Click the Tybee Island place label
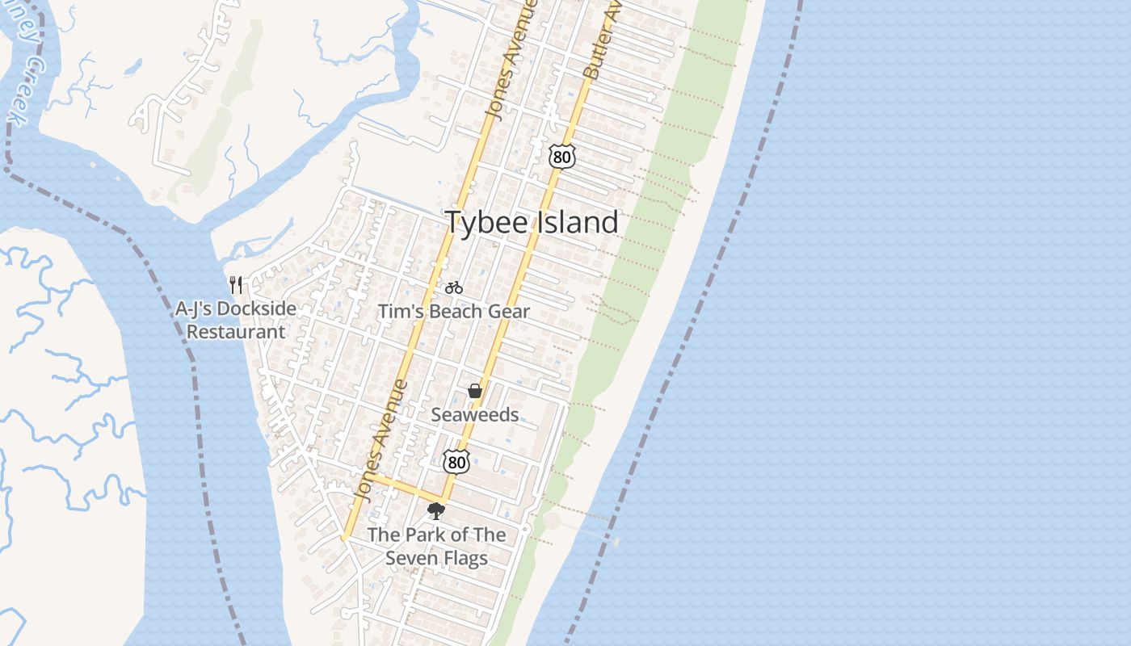click(532, 223)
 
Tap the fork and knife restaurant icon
click(236, 284)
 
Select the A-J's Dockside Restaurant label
click(236, 320)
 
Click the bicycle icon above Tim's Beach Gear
click(454, 287)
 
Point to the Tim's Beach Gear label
click(454, 312)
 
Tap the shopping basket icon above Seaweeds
click(475, 392)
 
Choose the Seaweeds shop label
click(475, 415)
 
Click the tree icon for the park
click(436, 511)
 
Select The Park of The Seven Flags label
click(437, 547)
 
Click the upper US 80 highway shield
click(561, 156)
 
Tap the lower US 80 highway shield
click(457, 462)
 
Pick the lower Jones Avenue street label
click(381, 440)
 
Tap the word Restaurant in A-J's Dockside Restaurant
click(236, 332)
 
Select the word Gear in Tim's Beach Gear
click(509, 312)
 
